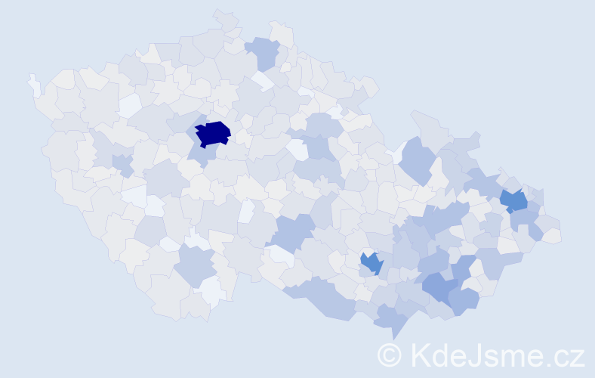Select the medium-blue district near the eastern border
point(514,200)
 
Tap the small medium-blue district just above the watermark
point(371,263)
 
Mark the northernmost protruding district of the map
point(224,18)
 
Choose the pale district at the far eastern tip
point(553,236)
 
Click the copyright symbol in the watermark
point(389,355)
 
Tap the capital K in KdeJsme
point(420,355)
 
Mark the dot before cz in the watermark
point(550,364)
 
